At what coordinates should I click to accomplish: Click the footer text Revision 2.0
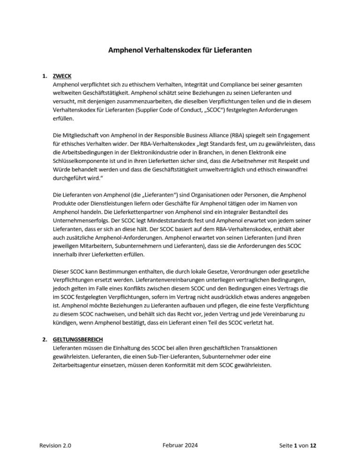52,446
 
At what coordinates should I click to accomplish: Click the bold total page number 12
313,446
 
